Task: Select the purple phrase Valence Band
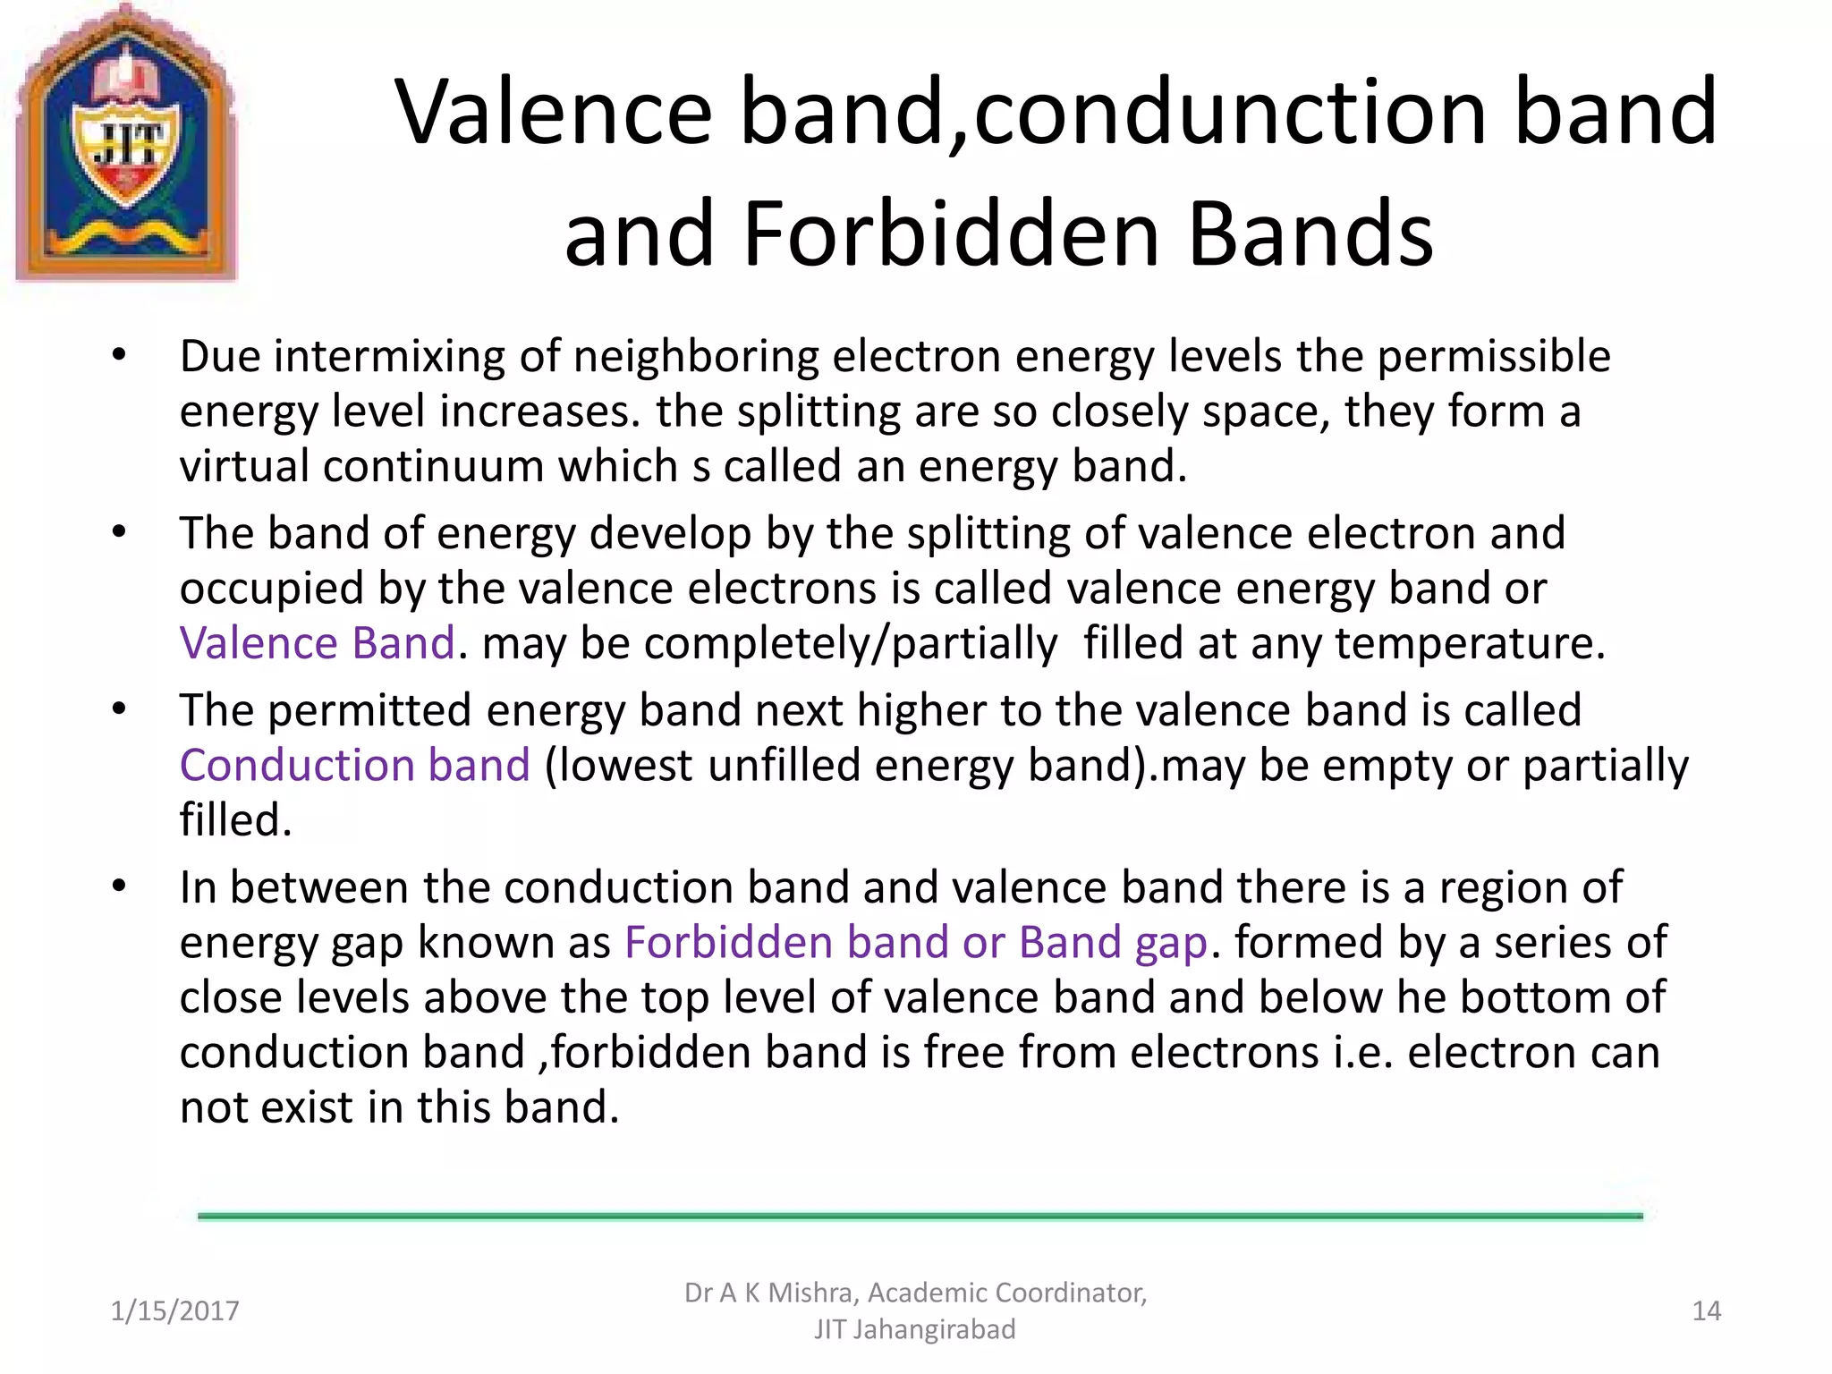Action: pyautogui.click(x=318, y=644)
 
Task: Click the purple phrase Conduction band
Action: pyautogui.click(x=355, y=767)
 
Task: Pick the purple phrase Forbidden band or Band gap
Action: pyautogui.click(x=916, y=943)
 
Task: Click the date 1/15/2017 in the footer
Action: pyautogui.click(x=174, y=1311)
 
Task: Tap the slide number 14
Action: pyautogui.click(x=1706, y=1311)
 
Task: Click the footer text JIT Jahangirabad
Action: pyautogui.click(x=914, y=1330)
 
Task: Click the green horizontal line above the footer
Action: pyautogui.click(x=920, y=1217)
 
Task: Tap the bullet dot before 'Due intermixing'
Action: pyautogui.click(x=119, y=356)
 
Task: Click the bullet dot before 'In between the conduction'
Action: pyautogui.click(x=119, y=887)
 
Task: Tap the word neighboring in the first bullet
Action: pyautogui.click(x=696, y=357)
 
